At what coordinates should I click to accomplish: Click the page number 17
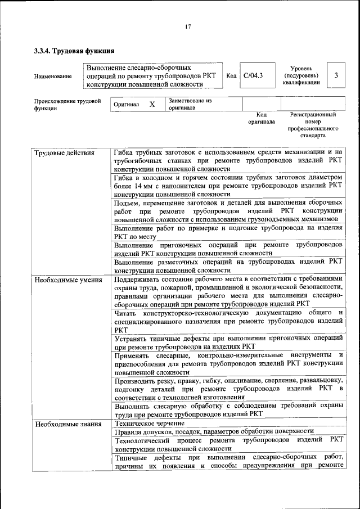[x=188, y=26]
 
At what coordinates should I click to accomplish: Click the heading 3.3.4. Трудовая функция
[x=71, y=51]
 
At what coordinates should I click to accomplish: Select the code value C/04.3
[x=253, y=75]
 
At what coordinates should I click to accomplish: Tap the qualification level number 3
[x=336, y=75]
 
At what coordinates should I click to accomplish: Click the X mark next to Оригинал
[x=152, y=105]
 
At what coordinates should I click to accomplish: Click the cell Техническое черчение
[x=149, y=423]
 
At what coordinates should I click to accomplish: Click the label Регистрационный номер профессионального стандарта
[x=313, y=125]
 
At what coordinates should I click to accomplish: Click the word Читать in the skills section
[x=126, y=312]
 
